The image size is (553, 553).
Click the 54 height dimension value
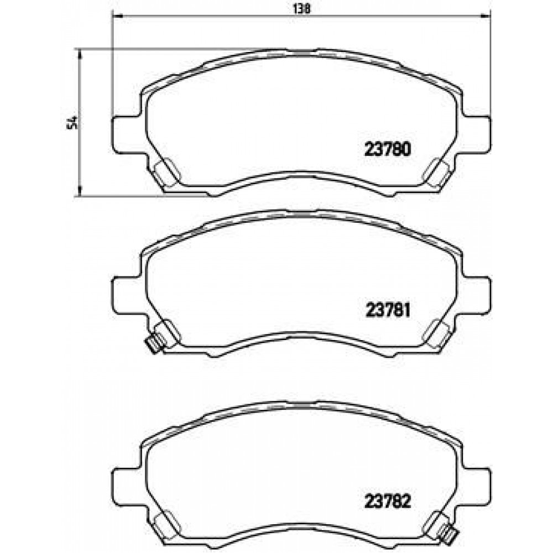(x=70, y=123)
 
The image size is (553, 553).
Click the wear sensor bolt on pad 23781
(x=152, y=346)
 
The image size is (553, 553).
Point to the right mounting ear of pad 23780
(x=477, y=133)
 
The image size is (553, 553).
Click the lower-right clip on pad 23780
(x=436, y=173)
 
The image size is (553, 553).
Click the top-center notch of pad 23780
(x=301, y=52)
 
